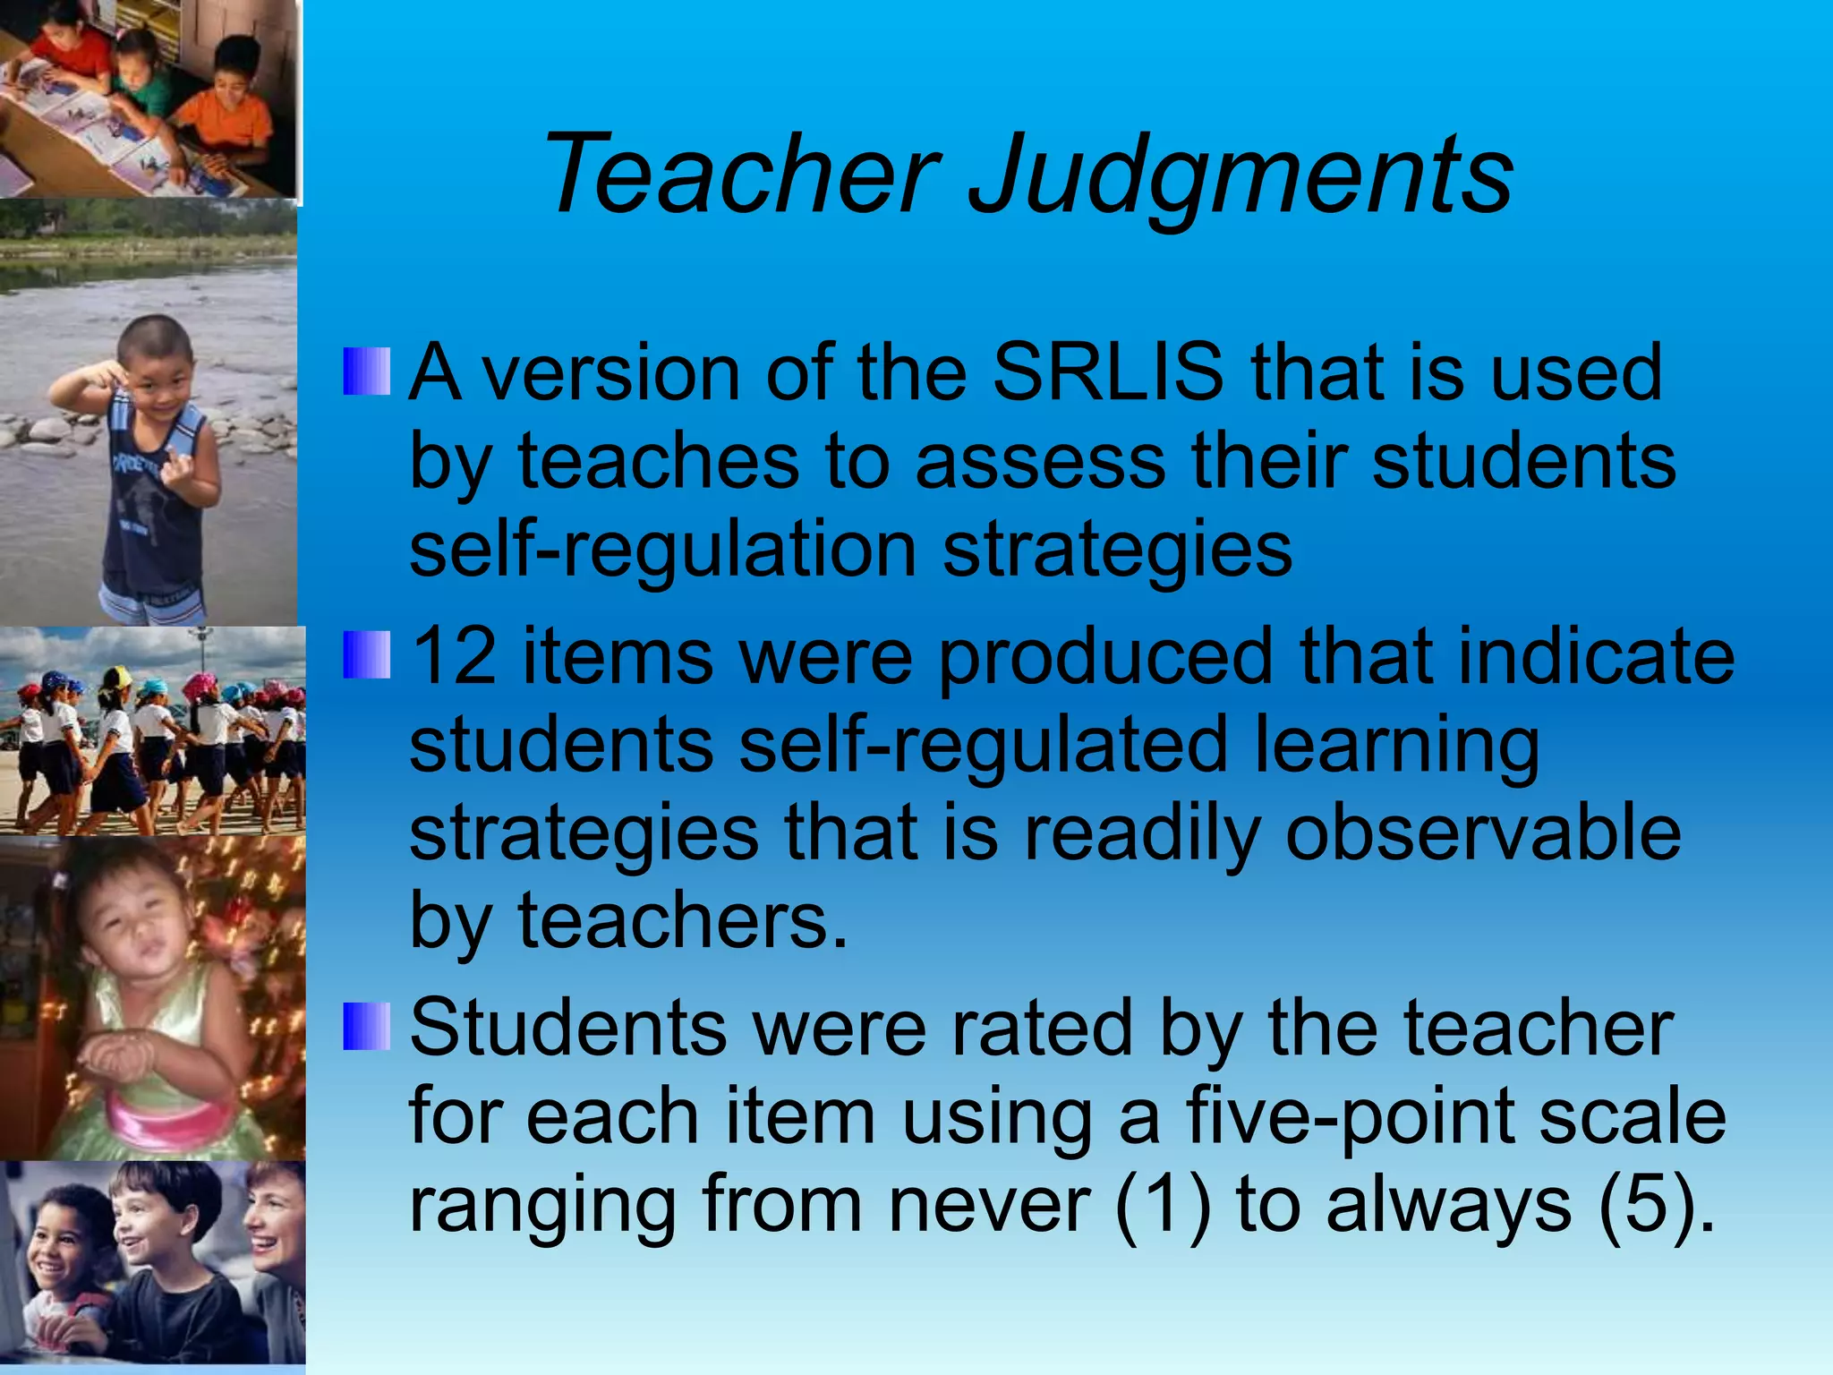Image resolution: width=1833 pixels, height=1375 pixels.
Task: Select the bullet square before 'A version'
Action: (367, 372)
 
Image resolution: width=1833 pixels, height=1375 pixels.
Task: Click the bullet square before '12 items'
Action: (367, 655)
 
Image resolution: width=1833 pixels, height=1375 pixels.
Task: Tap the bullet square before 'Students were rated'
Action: (367, 1027)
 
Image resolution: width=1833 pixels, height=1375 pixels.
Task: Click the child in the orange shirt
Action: (224, 107)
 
